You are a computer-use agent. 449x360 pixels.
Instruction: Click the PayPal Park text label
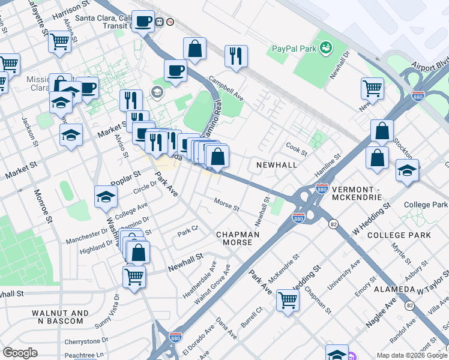(293, 48)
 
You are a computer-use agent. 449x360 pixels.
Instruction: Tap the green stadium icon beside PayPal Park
(325, 46)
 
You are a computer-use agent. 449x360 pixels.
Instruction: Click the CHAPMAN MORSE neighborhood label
(237, 238)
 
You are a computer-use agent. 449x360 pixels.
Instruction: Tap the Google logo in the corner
(20, 353)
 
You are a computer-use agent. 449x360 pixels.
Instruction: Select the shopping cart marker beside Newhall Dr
(372, 88)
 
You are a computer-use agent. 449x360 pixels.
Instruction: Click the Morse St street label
(227, 205)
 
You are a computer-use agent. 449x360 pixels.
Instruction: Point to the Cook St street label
(297, 147)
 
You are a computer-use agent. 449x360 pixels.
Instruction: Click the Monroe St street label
(44, 206)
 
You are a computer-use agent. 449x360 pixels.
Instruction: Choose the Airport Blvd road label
(430, 65)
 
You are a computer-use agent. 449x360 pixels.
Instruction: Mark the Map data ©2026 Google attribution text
(411, 355)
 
